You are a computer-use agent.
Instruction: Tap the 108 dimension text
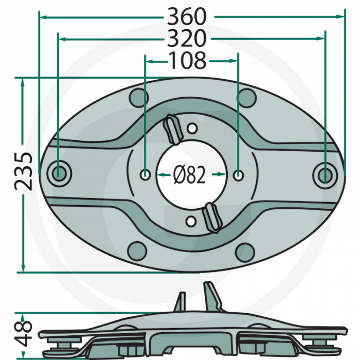click(188, 61)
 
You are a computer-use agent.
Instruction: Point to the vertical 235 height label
click(24, 171)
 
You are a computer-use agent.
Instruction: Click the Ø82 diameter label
click(190, 176)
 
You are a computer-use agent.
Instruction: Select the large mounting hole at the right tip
click(325, 175)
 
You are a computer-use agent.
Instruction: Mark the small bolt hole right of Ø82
click(238, 175)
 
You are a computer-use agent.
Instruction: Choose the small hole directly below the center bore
click(192, 222)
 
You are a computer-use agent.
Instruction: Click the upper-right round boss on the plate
click(247, 96)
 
